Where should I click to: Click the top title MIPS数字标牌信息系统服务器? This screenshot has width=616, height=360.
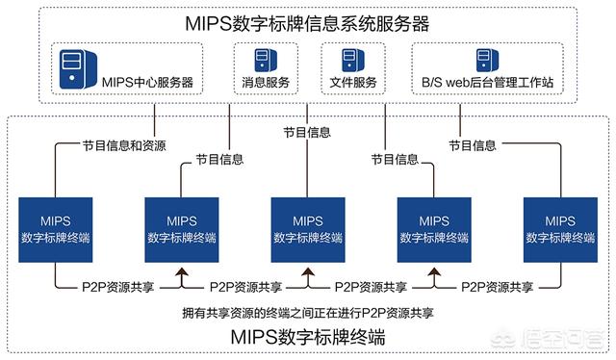307,23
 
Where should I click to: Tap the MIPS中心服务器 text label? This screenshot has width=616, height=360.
147,82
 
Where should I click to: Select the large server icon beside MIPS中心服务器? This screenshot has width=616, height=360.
78,69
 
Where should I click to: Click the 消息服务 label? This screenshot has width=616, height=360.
266,82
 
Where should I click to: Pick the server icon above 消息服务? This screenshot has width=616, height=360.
266,60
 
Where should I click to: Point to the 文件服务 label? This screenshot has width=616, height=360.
353,82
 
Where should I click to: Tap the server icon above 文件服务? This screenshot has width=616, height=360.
353,60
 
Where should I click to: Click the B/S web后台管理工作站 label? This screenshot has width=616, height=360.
488,82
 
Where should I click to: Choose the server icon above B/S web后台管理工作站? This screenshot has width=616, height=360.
488,60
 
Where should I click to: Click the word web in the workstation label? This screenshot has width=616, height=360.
456,83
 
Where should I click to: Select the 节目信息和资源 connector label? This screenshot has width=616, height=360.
124,145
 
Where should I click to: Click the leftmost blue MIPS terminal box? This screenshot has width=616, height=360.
56,230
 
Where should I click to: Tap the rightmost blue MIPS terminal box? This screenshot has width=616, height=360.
560,230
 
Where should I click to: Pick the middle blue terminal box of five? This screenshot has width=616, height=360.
308,230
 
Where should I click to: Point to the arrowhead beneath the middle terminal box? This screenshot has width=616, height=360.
308,271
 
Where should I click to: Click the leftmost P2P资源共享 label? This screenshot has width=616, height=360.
117,287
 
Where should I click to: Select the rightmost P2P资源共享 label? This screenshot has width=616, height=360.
497,287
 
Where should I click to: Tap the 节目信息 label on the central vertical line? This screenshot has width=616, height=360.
307,133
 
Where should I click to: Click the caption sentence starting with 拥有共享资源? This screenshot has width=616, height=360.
308,313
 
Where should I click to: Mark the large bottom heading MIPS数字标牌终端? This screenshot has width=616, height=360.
308,337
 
